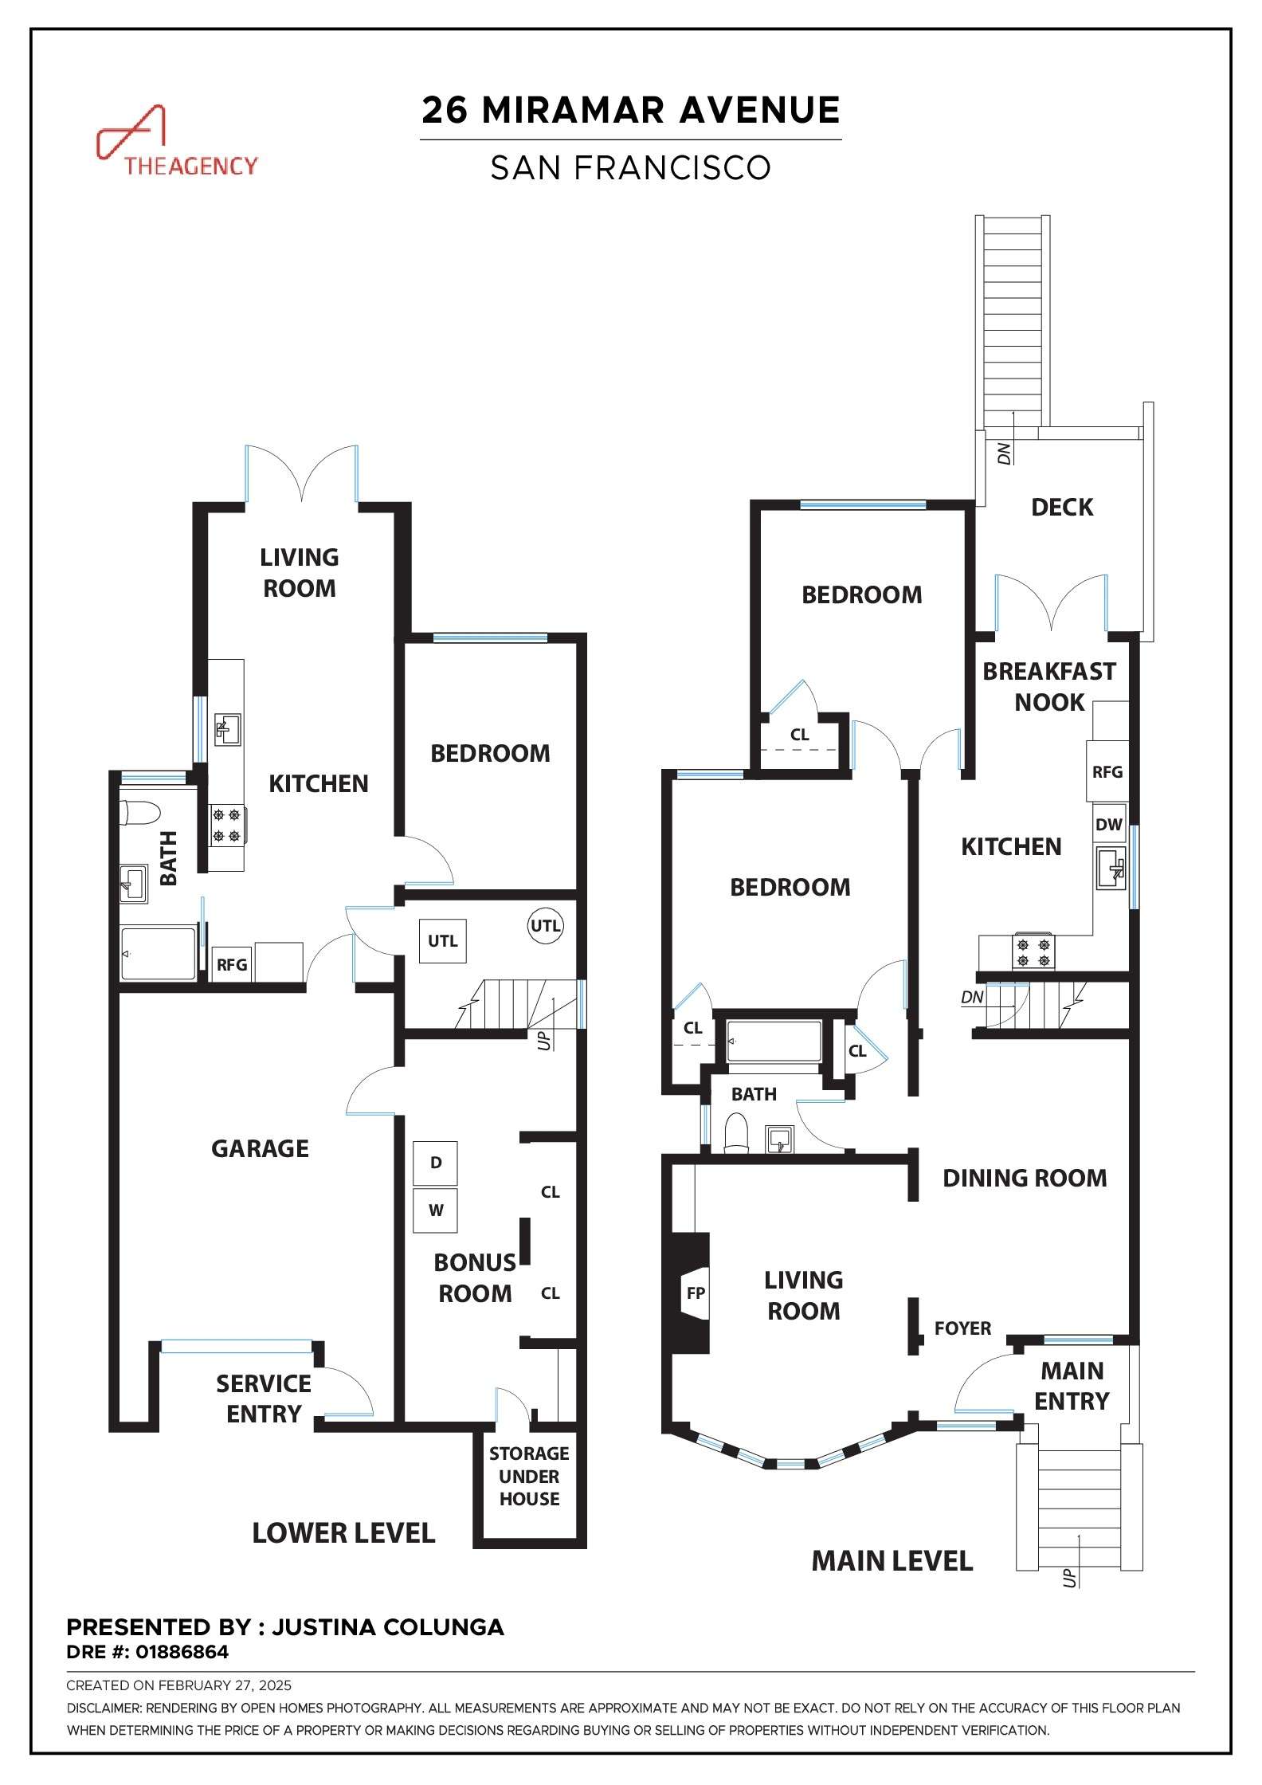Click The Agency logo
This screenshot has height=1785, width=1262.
[177, 141]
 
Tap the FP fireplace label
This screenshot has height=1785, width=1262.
[696, 1293]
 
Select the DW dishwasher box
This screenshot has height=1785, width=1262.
[1108, 825]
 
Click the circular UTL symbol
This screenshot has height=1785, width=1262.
[546, 926]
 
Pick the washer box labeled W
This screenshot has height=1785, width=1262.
[436, 1210]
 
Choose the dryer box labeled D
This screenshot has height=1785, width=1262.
[436, 1163]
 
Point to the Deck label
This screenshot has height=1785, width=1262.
[1062, 507]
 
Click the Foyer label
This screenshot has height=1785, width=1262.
[963, 1328]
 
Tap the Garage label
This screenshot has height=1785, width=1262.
[260, 1148]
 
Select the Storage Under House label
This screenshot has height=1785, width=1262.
[529, 1477]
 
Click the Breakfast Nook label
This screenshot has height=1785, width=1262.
[1049, 686]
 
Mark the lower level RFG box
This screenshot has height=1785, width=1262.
[232, 964]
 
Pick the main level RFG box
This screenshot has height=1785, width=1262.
[1107, 771]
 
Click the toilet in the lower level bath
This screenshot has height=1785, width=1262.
[139, 813]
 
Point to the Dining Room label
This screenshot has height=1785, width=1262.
[1025, 1179]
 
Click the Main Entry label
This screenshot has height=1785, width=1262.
[1072, 1386]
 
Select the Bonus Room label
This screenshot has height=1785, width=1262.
[475, 1277]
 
